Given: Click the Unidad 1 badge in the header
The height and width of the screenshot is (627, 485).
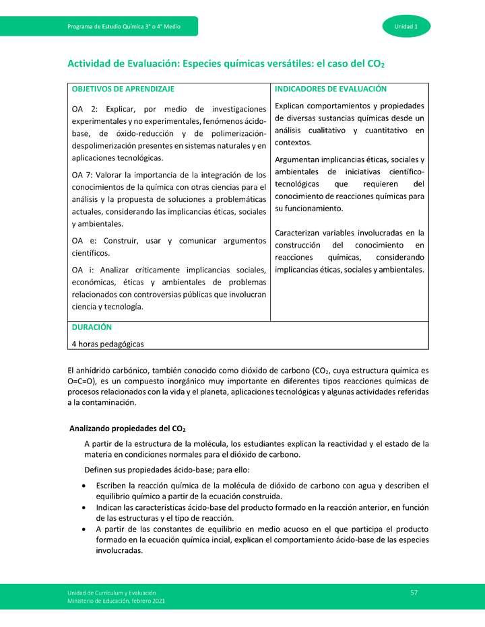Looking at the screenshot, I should pos(407,26).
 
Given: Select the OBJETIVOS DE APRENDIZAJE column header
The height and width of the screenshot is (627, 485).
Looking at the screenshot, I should pos(123,89).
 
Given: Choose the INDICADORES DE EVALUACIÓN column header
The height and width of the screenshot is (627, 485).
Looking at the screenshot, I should pos(331,89).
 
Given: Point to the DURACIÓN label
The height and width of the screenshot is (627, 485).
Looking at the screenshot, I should pos(92,327).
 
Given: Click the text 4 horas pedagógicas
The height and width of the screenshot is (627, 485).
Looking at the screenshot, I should pos(107,343).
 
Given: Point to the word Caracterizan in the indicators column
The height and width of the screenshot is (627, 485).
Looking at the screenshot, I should pos(300,233).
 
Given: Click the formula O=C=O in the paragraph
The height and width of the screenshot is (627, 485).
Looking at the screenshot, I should pos(82,381).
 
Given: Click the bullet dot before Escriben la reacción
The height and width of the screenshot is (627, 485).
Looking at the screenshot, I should pos(83,486).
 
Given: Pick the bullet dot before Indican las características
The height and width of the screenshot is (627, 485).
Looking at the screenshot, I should pos(83,507).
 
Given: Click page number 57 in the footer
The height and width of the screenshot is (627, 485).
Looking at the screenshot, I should pos(414,592).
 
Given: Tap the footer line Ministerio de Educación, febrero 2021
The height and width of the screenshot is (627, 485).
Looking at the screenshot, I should pos(115,600).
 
